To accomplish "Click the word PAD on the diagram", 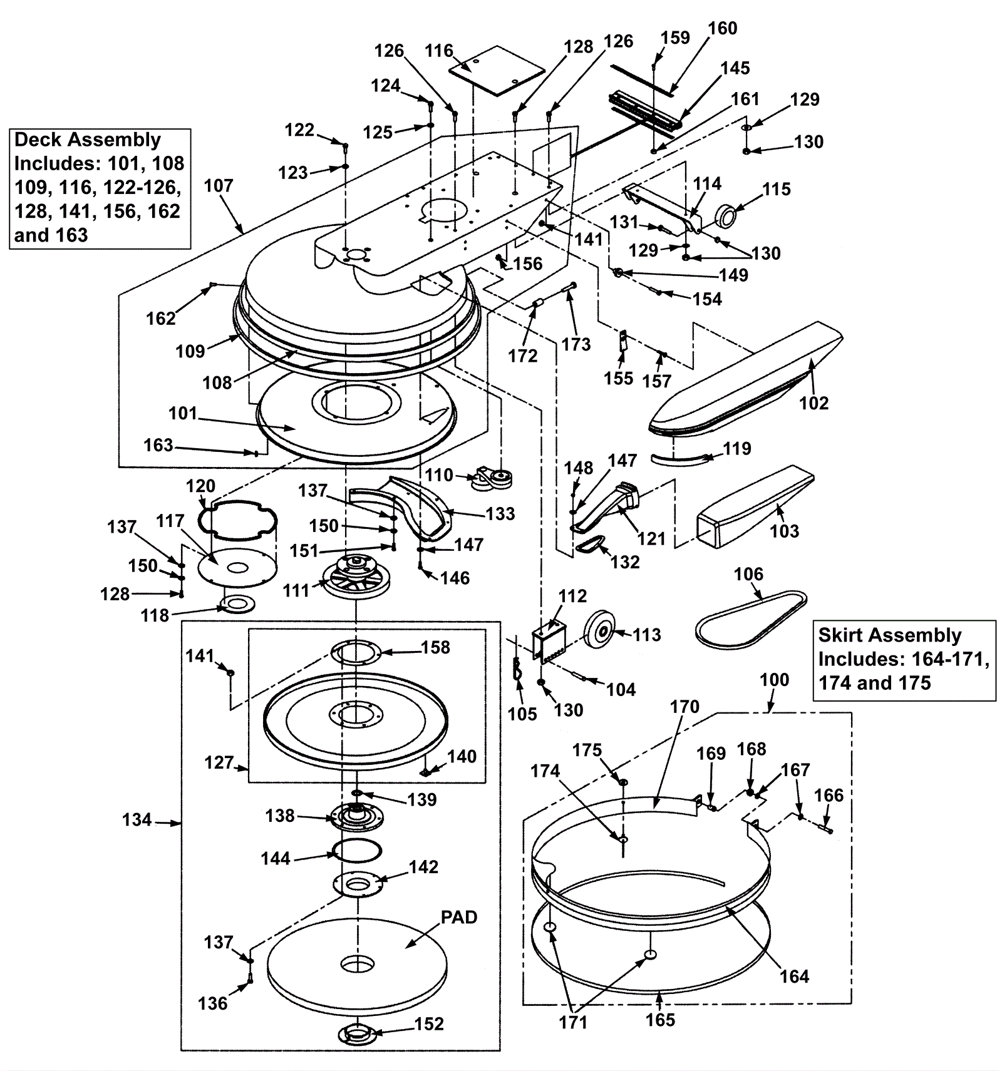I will click(x=458, y=917).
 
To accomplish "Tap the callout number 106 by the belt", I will click(x=748, y=574).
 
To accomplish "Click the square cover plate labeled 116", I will click(x=496, y=70).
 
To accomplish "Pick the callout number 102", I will click(x=813, y=403).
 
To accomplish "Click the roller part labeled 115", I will click(x=726, y=216).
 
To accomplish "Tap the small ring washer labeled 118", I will click(x=237, y=604).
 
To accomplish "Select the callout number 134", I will click(x=137, y=819).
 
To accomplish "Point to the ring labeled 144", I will click(x=357, y=850).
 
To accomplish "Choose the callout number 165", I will click(x=660, y=1020).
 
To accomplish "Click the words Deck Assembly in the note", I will click(x=88, y=140).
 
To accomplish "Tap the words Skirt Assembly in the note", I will click(x=889, y=635).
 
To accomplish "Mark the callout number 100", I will click(x=774, y=680).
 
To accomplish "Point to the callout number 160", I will click(x=723, y=28).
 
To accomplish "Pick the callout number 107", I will click(x=219, y=186).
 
